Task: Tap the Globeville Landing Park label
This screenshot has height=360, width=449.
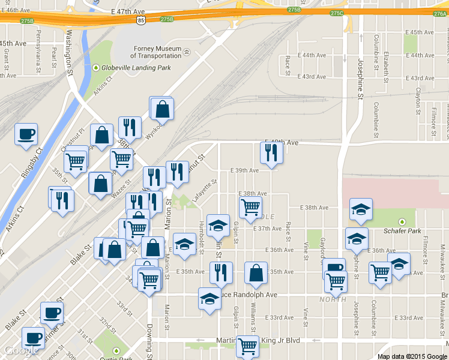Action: point(136,68)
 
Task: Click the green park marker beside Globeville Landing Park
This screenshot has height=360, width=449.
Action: point(95,68)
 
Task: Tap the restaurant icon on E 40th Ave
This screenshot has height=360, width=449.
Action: point(271,153)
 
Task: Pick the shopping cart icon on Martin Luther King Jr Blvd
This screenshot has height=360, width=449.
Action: point(247,346)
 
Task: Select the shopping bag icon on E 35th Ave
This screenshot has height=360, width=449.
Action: point(256,273)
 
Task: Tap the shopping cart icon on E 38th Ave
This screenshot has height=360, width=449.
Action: point(250,208)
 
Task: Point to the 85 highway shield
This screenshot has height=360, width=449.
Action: point(140,20)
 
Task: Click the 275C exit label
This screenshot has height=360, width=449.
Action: point(337,13)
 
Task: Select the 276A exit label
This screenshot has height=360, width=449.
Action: point(439,13)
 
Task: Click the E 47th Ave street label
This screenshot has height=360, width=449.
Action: point(127,11)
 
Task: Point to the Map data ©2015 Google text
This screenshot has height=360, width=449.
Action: point(412,356)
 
